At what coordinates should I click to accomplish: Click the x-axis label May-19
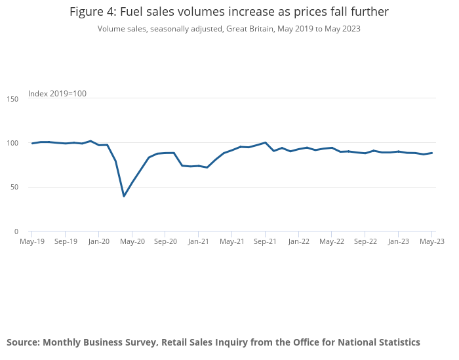tap(31, 241)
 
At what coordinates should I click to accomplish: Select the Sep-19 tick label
tap(65, 241)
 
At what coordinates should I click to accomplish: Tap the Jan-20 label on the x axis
tap(98, 241)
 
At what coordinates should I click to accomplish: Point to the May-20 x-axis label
tap(132, 241)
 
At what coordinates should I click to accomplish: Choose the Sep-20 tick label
tap(165, 241)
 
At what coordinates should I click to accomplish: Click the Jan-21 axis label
tap(198, 241)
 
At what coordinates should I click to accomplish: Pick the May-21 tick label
tap(231, 241)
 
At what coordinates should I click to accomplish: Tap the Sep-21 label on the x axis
tap(265, 241)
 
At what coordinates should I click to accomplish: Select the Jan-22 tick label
tap(298, 241)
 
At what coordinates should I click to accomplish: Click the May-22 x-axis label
tap(332, 241)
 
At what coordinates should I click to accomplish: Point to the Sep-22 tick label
tap(365, 241)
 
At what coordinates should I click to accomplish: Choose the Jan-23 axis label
tap(398, 241)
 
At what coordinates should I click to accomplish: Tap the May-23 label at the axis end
tap(431, 241)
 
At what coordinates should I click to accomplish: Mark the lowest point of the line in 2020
tap(124, 196)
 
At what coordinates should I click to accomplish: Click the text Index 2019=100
tap(57, 94)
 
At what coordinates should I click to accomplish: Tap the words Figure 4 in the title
tap(92, 12)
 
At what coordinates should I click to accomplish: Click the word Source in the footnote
tap(22, 342)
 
